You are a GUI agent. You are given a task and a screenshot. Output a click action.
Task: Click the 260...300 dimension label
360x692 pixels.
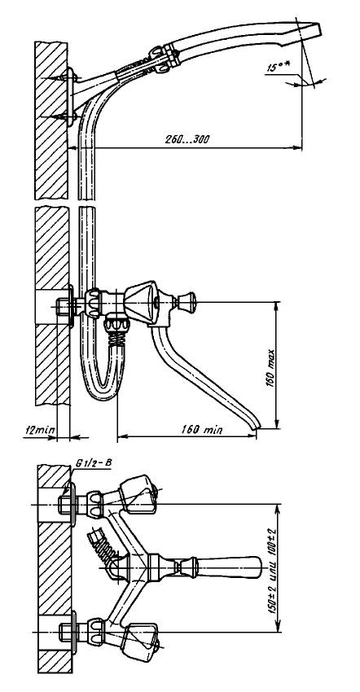tap(187, 140)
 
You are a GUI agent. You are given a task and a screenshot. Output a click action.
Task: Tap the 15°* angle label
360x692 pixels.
tap(279, 68)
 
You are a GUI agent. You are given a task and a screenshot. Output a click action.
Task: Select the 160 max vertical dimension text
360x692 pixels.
tap(270, 369)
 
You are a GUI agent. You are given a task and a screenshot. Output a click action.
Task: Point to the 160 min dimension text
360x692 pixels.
tap(202, 429)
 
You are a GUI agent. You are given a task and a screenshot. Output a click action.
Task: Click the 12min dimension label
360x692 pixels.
tap(38, 429)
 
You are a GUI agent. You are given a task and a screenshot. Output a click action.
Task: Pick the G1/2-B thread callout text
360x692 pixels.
tap(94, 463)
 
